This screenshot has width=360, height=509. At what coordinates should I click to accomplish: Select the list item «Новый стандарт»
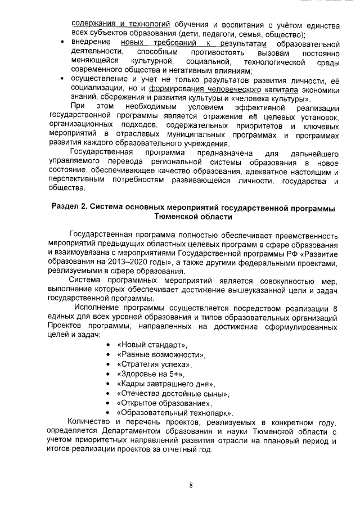click(x=151, y=344)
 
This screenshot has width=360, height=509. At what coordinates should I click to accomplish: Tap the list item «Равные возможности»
click(x=161, y=354)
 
